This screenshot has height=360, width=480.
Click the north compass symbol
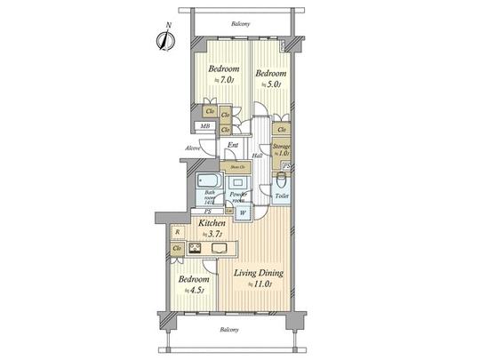(x=164, y=39)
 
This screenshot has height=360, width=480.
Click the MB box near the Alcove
(x=204, y=126)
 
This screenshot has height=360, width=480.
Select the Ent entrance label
(x=232, y=146)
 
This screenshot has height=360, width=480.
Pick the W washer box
(x=243, y=212)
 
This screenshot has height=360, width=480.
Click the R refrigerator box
(x=178, y=233)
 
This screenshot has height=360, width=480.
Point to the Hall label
(x=256, y=156)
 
